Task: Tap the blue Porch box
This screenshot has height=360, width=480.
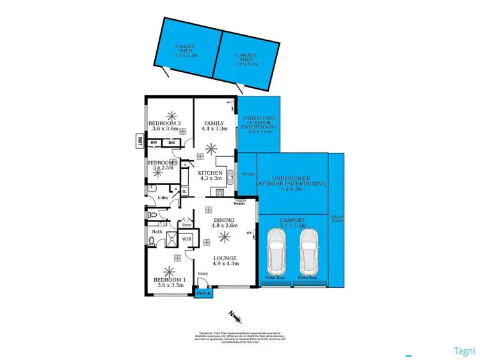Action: (x=204, y=293)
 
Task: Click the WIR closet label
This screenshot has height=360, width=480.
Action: (x=188, y=239)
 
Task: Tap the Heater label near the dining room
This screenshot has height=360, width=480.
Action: (x=240, y=204)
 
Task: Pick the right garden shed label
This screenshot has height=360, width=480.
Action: (x=246, y=59)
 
